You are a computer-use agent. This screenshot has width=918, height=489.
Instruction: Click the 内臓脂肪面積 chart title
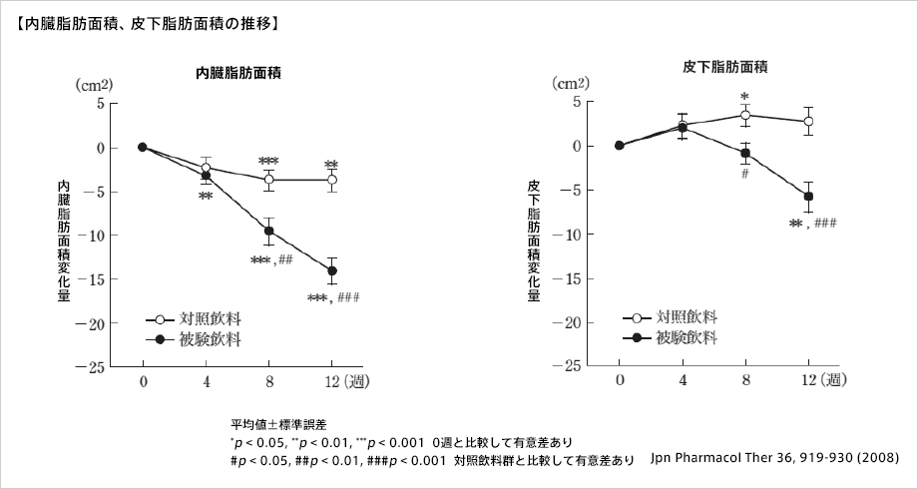pyautogui.click(x=236, y=72)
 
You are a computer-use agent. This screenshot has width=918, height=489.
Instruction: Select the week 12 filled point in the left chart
pyautogui.click(x=332, y=270)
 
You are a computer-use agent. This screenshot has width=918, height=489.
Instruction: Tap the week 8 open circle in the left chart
pyautogui.click(x=268, y=180)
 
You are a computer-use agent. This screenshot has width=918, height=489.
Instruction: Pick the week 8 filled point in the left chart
pyautogui.click(x=268, y=231)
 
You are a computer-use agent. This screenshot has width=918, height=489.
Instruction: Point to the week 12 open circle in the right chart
pyautogui.click(x=808, y=121)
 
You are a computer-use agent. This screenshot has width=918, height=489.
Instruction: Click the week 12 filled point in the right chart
pyautogui.click(x=808, y=197)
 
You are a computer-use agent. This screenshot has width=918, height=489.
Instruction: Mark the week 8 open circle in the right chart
pyautogui.click(x=744, y=115)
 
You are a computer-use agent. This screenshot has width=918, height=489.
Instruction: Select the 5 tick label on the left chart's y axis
pyautogui.click(x=100, y=103)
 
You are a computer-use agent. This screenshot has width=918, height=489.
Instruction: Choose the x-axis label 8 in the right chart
pyautogui.click(x=745, y=381)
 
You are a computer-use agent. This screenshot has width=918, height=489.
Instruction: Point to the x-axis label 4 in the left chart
pyautogui.click(x=206, y=381)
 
